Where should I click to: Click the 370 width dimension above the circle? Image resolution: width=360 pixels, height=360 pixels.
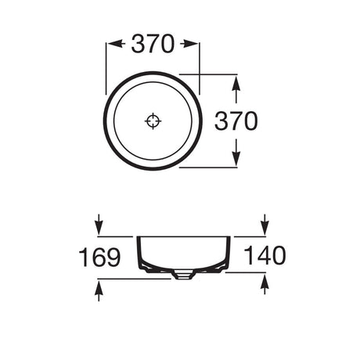click(x=153, y=44)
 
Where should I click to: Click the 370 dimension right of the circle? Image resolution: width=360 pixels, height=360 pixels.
click(x=236, y=121)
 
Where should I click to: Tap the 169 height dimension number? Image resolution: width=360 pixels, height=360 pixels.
click(x=99, y=257)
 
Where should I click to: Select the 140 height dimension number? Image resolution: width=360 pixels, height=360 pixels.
click(x=265, y=255)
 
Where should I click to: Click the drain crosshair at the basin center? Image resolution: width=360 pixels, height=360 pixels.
click(x=153, y=121)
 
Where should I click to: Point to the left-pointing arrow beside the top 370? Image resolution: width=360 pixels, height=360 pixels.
click(x=116, y=44)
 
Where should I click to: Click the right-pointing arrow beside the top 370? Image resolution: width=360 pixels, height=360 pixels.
click(x=189, y=44)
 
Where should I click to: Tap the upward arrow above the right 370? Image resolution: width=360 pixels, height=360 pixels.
click(x=236, y=89)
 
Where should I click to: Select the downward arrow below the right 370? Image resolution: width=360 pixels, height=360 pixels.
click(x=236, y=152)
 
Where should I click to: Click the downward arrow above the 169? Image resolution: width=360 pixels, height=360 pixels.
click(x=99, y=225)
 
